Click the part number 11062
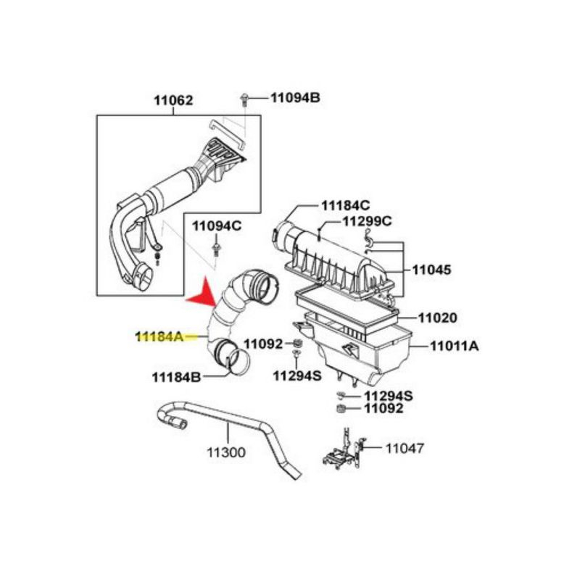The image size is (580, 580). (173, 101)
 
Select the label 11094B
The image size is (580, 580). (295, 96)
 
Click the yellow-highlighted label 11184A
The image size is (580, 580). (159, 336)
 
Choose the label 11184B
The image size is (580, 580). (176, 376)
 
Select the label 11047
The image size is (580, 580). (405, 448)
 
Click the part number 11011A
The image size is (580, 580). (454, 347)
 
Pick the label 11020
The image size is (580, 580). (438, 318)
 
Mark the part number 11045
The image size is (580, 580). (432, 270)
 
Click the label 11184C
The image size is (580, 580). (345, 206)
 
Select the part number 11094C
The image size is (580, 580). (217, 226)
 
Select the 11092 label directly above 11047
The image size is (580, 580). (384, 408)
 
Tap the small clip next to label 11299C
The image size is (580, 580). (370, 240)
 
